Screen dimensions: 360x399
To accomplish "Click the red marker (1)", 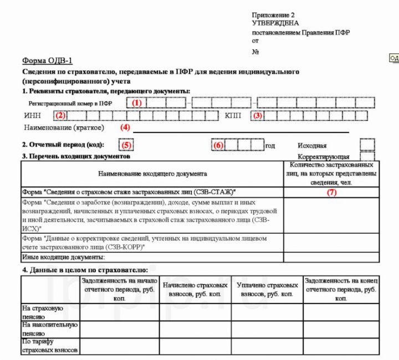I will point(136,102).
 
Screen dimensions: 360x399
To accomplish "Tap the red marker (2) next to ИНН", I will point(60,116).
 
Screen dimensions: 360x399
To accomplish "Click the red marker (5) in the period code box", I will point(127,146).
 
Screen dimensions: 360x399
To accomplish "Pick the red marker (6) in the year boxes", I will point(218,146).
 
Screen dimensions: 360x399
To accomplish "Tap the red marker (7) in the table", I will point(331,193).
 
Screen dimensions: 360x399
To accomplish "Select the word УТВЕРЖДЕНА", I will point(275,23).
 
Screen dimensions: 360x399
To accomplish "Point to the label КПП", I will point(233,116).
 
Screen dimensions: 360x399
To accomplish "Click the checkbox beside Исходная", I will point(367,145).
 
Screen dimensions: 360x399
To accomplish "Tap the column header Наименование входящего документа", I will point(152,173).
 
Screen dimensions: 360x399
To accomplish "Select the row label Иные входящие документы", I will point(63,258).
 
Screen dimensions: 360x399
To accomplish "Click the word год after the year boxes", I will point(270,146).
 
